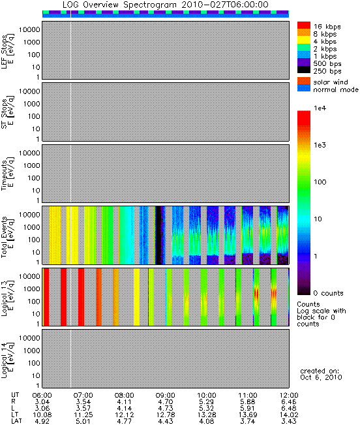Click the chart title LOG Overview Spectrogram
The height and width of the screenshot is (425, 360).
[119, 5]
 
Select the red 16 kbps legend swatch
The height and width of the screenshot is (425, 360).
[304, 25]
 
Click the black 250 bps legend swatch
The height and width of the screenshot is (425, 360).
[304, 70]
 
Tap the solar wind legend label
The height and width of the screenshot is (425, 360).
[331, 82]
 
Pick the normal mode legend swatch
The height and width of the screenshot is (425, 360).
[304, 88]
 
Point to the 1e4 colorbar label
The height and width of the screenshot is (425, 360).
[320, 108]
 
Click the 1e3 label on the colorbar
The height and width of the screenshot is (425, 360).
[320, 146]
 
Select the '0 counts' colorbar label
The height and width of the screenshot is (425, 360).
[328, 293]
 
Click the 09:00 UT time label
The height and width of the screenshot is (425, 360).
[166, 396]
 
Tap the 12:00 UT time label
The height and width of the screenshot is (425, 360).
[289, 396]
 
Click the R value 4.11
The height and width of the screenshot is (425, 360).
[125, 402]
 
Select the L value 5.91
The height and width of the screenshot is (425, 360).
[248, 409]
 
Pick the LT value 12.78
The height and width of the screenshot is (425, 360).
[166, 415]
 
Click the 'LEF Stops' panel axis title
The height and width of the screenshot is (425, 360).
[8, 52]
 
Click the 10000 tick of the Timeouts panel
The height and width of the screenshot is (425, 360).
[29, 153]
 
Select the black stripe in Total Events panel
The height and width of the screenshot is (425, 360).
[158, 235]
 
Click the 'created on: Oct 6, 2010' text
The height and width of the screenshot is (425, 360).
[321, 374]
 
